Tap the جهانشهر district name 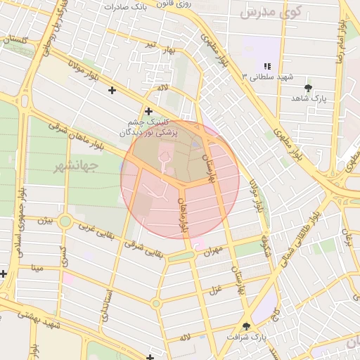pyautogui.click(x=78, y=167)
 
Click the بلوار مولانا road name pyautogui.click(x=86, y=76)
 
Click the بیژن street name pyautogui.click(x=45, y=221)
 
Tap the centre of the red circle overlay pyautogui.click(x=180, y=179)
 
